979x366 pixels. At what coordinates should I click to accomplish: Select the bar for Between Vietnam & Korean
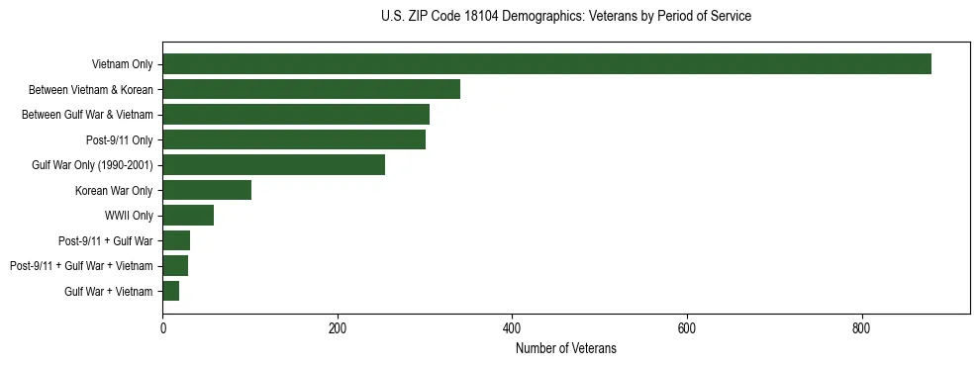311,89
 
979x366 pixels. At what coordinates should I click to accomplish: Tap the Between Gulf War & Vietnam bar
296,115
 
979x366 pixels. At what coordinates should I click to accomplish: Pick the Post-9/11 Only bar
294,139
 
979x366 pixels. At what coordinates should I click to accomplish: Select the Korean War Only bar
207,190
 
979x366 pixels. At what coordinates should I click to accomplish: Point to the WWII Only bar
188,216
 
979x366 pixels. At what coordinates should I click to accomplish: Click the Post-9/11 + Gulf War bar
176,240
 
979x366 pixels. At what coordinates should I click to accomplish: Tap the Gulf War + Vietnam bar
170,291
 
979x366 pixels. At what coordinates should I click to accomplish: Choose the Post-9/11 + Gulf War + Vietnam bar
175,266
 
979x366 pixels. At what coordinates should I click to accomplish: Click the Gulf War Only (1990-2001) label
92,165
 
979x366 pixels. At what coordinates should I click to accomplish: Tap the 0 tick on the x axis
162,328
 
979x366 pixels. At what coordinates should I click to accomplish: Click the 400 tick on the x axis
512,328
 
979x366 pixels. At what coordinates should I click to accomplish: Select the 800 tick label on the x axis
861,328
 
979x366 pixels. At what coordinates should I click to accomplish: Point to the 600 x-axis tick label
686,328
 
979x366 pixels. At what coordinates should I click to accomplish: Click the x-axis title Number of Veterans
565,348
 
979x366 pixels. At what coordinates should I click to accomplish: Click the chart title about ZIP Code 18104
565,17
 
